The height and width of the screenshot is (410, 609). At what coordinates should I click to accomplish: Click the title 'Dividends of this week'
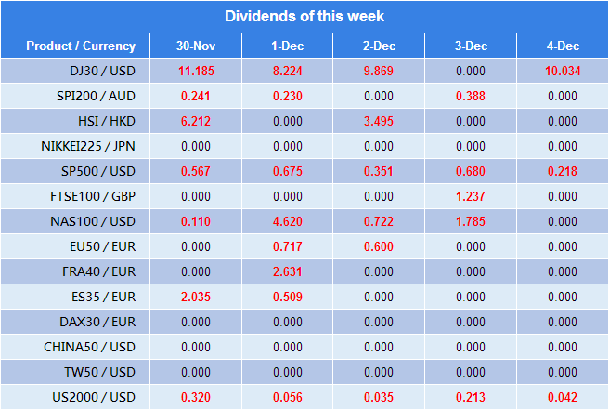point(304,16)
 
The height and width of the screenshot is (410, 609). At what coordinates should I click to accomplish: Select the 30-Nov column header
point(196,46)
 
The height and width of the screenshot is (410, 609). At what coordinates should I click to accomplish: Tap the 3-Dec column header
point(471,46)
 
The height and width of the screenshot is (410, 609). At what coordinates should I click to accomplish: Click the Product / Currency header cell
point(81,46)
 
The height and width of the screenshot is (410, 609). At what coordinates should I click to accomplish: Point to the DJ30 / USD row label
point(102,71)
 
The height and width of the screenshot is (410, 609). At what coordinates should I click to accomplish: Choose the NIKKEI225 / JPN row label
point(88,146)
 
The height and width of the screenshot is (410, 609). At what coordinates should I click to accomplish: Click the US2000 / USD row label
point(95,397)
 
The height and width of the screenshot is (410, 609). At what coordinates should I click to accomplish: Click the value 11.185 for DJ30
point(196,71)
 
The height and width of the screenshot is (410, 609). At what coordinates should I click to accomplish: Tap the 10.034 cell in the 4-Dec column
point(563,71)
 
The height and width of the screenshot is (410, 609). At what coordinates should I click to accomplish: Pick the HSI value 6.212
point(196,121)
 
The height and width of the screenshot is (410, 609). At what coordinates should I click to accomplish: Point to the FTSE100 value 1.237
point(471,196)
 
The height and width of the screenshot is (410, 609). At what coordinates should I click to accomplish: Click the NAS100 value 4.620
point(288,221)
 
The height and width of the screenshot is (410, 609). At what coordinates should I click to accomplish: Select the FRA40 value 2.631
point(288,271)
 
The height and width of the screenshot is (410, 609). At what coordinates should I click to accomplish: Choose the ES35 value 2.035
point(196,297)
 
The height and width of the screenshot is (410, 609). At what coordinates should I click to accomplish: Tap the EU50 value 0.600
point(379,246)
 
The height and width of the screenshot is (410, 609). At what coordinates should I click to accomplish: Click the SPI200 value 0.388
point(471,96)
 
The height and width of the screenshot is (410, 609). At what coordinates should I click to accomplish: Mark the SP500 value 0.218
point(563,171)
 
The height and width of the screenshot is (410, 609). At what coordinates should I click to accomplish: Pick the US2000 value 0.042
point(563,397)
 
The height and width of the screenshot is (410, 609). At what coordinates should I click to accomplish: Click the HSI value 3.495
point(379,121)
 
